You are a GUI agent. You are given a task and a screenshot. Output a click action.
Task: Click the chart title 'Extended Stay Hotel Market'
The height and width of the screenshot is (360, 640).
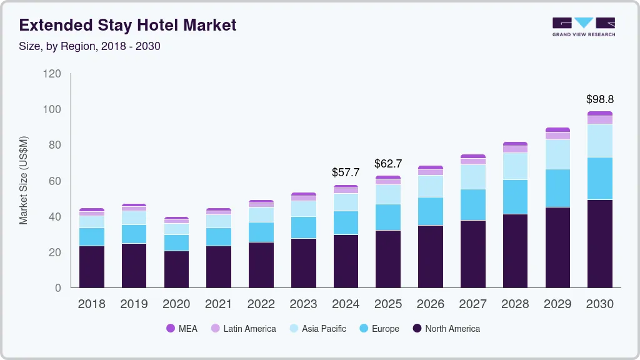point(127,26)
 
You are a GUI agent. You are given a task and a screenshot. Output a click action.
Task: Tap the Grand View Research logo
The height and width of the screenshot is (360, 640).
point(583,26)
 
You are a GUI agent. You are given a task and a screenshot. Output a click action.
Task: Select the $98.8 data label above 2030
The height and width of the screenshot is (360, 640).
point(599,99)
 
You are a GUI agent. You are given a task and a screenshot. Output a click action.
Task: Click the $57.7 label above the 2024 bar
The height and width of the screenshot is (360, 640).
point(346,172)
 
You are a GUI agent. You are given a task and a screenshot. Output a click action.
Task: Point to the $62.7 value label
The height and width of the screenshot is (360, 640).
point(388,164)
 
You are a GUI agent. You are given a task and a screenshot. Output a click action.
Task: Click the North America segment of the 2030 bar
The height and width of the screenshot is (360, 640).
point(599,244)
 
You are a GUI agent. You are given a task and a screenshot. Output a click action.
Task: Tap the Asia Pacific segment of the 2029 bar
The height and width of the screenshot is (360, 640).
point(557,154)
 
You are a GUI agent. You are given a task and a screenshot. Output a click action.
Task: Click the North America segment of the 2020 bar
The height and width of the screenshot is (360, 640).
point(176,269)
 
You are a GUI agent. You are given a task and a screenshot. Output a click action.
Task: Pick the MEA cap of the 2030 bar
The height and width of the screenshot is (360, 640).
point(599,114)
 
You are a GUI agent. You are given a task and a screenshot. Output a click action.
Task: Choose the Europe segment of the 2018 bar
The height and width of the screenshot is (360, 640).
point(92,237)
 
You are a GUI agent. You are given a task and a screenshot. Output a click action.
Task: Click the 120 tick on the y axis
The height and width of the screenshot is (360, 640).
point(52,74)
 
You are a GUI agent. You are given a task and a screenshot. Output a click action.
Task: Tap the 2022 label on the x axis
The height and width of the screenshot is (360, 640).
point(261,304)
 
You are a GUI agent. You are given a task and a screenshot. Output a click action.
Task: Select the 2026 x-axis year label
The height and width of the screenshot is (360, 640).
point(430,304)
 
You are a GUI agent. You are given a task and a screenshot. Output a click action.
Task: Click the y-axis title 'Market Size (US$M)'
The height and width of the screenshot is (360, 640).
point(24,180)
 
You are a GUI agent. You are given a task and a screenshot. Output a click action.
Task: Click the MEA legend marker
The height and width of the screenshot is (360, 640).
point(171,329)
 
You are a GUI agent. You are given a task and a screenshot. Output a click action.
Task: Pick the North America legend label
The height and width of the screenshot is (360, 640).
point(452,329)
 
